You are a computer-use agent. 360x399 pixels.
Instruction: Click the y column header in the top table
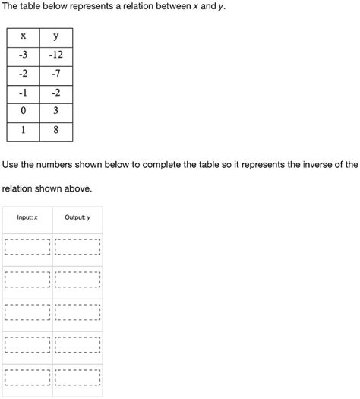tap(56, 36)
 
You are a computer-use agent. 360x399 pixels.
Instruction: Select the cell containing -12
tap(56, 55)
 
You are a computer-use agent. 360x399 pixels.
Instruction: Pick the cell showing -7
tap(56, 74)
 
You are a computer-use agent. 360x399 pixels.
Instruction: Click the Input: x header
tap(27, 218)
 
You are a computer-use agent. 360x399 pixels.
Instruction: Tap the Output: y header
tap(77, 218)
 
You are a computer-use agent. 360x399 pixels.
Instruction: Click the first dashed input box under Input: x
tap(27, 248)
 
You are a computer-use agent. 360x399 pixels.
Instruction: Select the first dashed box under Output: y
tap(77, 248)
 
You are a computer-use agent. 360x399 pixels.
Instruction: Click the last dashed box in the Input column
tap(27, 378)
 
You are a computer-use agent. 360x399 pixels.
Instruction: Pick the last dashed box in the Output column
tap(77, 378)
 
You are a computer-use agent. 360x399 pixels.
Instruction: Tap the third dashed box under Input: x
tap(27, 313)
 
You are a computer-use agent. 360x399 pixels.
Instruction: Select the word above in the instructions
tap(77, 187)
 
